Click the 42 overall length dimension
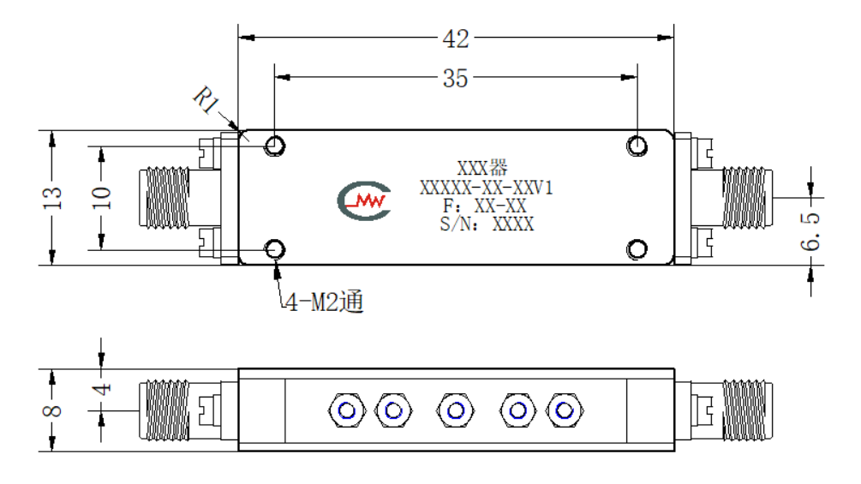coord(456,39)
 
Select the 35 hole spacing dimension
coord(456,79)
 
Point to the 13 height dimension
coord(53,198)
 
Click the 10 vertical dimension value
coord(102,198)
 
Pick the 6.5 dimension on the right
coord(810,231)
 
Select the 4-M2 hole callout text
coord(325,302)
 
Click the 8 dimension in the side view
coord(53,410)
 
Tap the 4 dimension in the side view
coord(102,389)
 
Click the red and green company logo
coord(364,200)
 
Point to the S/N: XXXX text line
coord(487,224)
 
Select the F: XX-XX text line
coord(485,206)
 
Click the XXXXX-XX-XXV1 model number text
coord(487,188)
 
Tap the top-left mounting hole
coord(275,146)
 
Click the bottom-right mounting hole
coord(637,249)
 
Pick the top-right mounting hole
coord(637,146)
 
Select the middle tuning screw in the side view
coord(456,410)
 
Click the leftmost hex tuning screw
coord(347,410)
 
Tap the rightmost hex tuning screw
coord(565,410)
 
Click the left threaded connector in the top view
coord(164,198)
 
